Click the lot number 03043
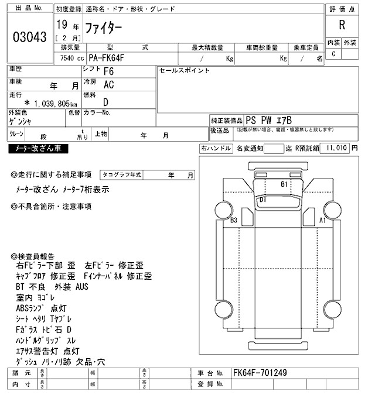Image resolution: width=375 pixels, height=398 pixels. (29, 37)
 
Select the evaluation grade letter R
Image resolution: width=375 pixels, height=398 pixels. (342, 25)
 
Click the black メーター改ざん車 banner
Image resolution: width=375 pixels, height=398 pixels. (39, 149)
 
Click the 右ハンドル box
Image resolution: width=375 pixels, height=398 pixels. (216, 149)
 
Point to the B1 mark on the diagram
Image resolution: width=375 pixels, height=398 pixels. (284, 184)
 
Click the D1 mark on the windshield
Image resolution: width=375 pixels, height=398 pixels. (262, 200)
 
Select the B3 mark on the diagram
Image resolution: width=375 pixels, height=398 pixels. (234, 221)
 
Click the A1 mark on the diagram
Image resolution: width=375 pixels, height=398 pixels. (322, 221)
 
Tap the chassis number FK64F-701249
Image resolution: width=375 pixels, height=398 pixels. (260, 373)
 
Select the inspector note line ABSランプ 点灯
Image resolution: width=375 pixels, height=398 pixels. (41, 308)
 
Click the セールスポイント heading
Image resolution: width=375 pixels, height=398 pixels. (185, 70)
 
